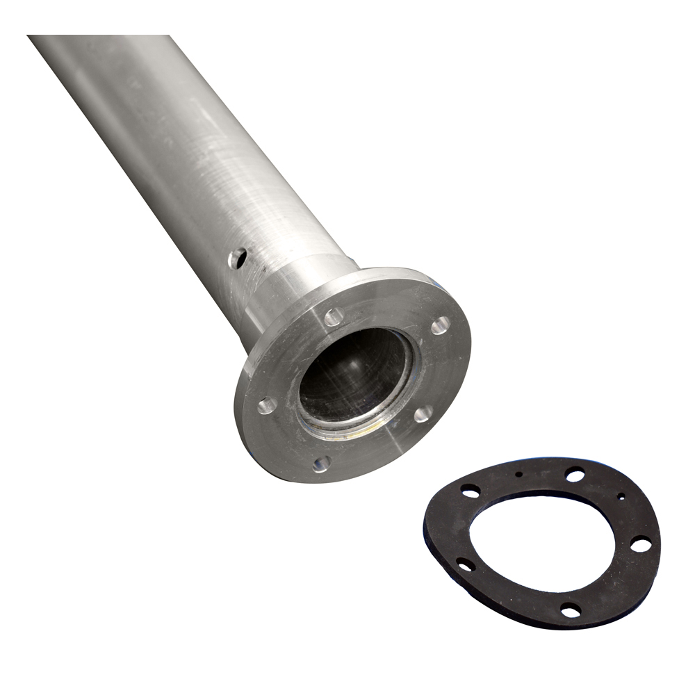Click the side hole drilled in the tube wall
click(237, 258)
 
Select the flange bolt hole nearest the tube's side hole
click(334, 317)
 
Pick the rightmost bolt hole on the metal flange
click(441, 325)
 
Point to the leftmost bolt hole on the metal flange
click(267, 405)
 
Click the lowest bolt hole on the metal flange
click(321, 463)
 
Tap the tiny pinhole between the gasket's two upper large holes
click(518, 474)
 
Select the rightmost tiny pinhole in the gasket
click(621, 496)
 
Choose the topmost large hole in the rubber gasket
click(575, 475)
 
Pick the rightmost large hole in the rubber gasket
click(641, 544)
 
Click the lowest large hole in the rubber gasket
click(571, 610)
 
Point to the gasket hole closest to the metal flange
click(470, 491)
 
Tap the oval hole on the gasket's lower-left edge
click(465, 564)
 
